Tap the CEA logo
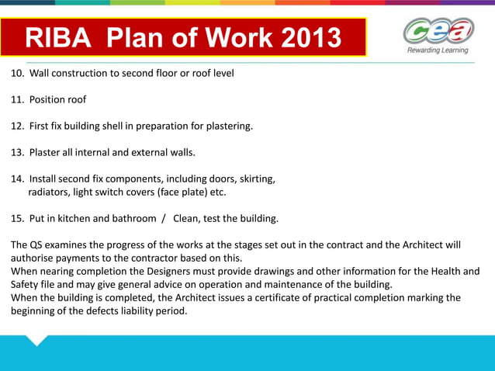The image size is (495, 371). [437, 32]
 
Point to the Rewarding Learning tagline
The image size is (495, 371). [438, 50]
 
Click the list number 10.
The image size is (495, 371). [16, 74]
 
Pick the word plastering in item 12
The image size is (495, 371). [227, 126]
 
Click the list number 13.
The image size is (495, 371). [16, 152]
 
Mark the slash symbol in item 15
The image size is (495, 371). [164, 218]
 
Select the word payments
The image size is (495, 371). [81, 258]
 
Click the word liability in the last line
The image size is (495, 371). [140, 310]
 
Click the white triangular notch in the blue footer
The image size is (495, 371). [36, 340]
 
